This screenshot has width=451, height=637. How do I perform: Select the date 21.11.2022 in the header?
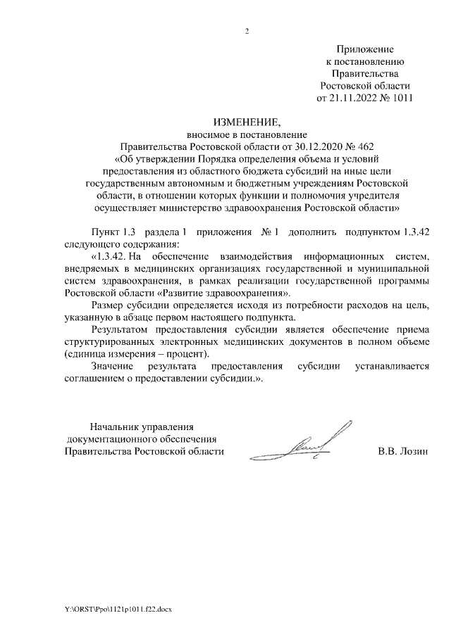coord(355,97)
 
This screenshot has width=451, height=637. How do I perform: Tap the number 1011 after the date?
coord(399,97)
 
